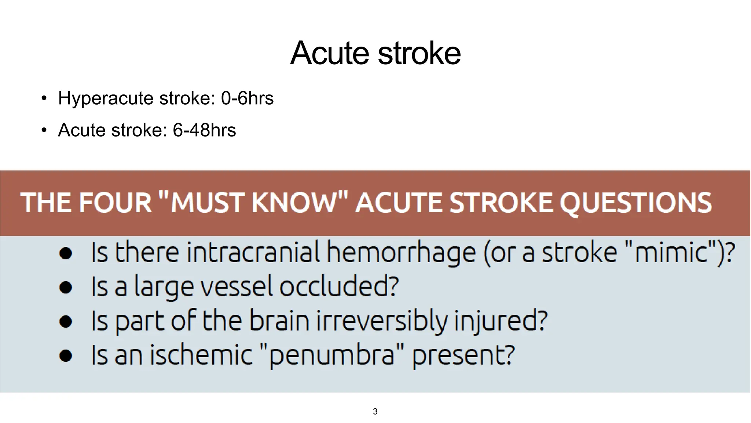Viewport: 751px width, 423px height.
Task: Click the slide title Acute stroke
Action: pyautogui.click(x=375, y=53)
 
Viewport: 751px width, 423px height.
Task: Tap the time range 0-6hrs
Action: pyautogui.click(x=247, y=98)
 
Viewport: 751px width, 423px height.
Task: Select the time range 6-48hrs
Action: pyautogui.click(x=204, y=130)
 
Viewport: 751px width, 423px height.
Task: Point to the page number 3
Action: pyautogui.click(x=375, y=412)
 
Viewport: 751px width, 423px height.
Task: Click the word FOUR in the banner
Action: pyautogui.click(x=116, y=202)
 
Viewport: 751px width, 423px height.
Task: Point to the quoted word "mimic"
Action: pyautogui.click(x=671, y=253)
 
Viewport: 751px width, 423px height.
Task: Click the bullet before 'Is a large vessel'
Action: pyautogui.click(x=66, y=288)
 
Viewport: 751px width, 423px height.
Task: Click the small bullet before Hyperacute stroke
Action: pyautogui.click(x=44, y=98)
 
